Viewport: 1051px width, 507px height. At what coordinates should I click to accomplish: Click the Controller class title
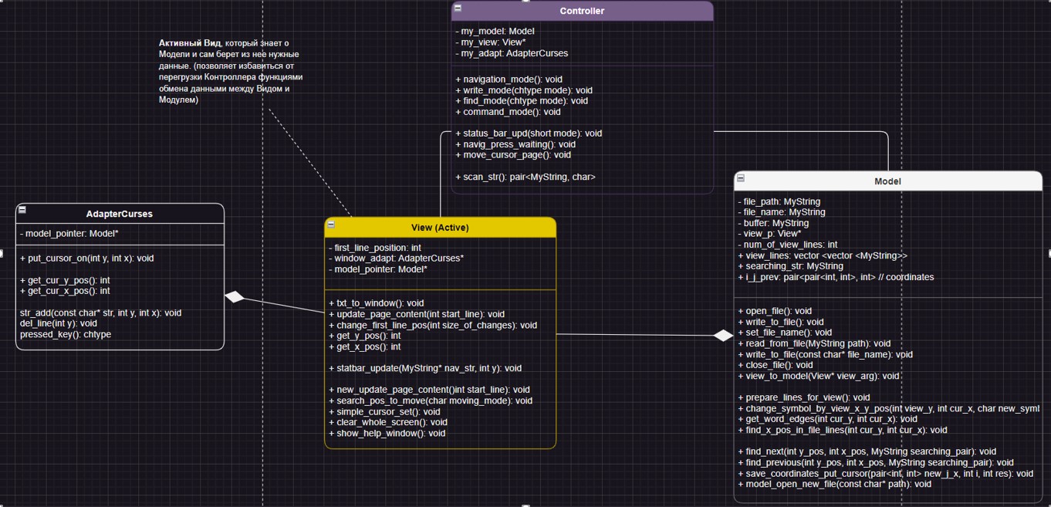[582, 11]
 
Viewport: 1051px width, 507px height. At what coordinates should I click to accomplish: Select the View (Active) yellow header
[440, 228]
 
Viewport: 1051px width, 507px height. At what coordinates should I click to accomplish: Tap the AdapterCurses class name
[120, 214]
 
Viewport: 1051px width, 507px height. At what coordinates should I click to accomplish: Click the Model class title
[887, 181]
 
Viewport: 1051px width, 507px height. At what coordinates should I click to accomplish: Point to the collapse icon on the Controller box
[458, 8]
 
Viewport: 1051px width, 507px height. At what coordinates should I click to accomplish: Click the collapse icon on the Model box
[741, 178]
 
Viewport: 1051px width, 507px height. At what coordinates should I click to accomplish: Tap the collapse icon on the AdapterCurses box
[22, 210]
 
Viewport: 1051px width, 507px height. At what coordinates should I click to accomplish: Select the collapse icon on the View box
[331, 225]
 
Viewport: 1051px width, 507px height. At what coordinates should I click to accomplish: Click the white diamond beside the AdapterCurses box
[235, 297]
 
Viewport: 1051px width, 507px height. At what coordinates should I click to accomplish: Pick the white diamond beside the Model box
[723, 336]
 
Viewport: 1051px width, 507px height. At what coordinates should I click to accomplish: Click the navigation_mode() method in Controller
[509, 79]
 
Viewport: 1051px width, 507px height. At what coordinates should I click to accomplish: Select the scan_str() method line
[525, 177]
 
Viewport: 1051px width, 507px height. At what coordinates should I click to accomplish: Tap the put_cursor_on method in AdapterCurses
[86, 259]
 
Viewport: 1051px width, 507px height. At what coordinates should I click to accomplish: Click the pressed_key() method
[66, 334]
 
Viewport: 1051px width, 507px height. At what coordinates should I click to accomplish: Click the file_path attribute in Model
[779, 201]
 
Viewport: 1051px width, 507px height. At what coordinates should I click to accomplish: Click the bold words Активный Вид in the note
[190, 43]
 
